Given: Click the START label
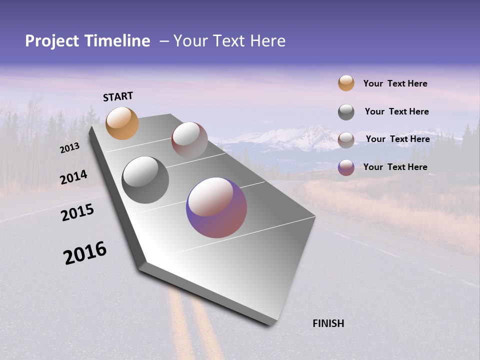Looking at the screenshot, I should pyautogui.click(x=118, y=96).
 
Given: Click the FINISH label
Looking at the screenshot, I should pyautogui.click(x=328, y=323).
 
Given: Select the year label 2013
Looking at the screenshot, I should pyautogui.click(x=69, y=148).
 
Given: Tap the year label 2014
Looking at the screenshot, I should pyautogui.click(x=73, y=177).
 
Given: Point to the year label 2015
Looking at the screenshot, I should pyautogui.click(x=77, y=212).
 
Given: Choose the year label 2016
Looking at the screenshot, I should pyautogui.click(x=85, y=253).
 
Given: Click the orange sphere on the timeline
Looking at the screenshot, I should pyautogui.click(x=122, y=123).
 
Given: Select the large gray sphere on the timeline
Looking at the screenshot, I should pyautogui.click(x=145, y=180).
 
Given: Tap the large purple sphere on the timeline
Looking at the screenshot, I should pyautogui.click(x=216, y=207).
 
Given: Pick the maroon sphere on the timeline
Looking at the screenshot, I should pyautogui.click(x=189, y=140).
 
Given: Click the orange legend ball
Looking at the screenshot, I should pyautogui.click(x=346, y=83).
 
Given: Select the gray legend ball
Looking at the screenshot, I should pyautogui.click(x=346, y=112).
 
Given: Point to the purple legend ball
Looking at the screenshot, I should pyautogui.click(x=346, y=167).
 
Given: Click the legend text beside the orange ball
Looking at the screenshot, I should pyautogui.click(x=395, y=83).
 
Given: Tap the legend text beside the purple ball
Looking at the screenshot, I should pyautogui.click(x=395, y=167).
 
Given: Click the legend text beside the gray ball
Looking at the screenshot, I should pyautogui.click(x=396, y=111).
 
